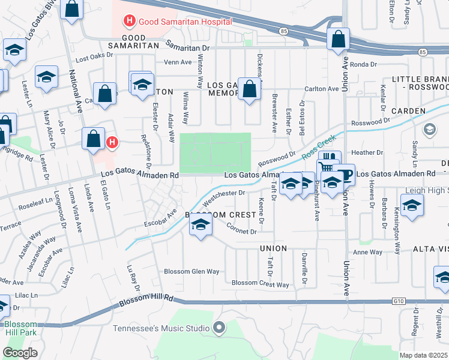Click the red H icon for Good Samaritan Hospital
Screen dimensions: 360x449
[128, 22]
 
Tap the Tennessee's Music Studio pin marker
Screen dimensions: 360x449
[219, 328]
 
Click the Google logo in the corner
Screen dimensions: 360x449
[20, 353]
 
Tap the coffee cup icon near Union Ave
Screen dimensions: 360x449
[345, 174]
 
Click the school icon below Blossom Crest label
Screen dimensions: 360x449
[201, 226]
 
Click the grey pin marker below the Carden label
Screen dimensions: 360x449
[430, 130]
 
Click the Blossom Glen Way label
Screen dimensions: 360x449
[192, 271]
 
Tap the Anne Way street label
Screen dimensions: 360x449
[368, 253]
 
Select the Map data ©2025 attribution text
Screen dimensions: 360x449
[423, 355]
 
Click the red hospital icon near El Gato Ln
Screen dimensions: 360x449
[112, 142]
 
